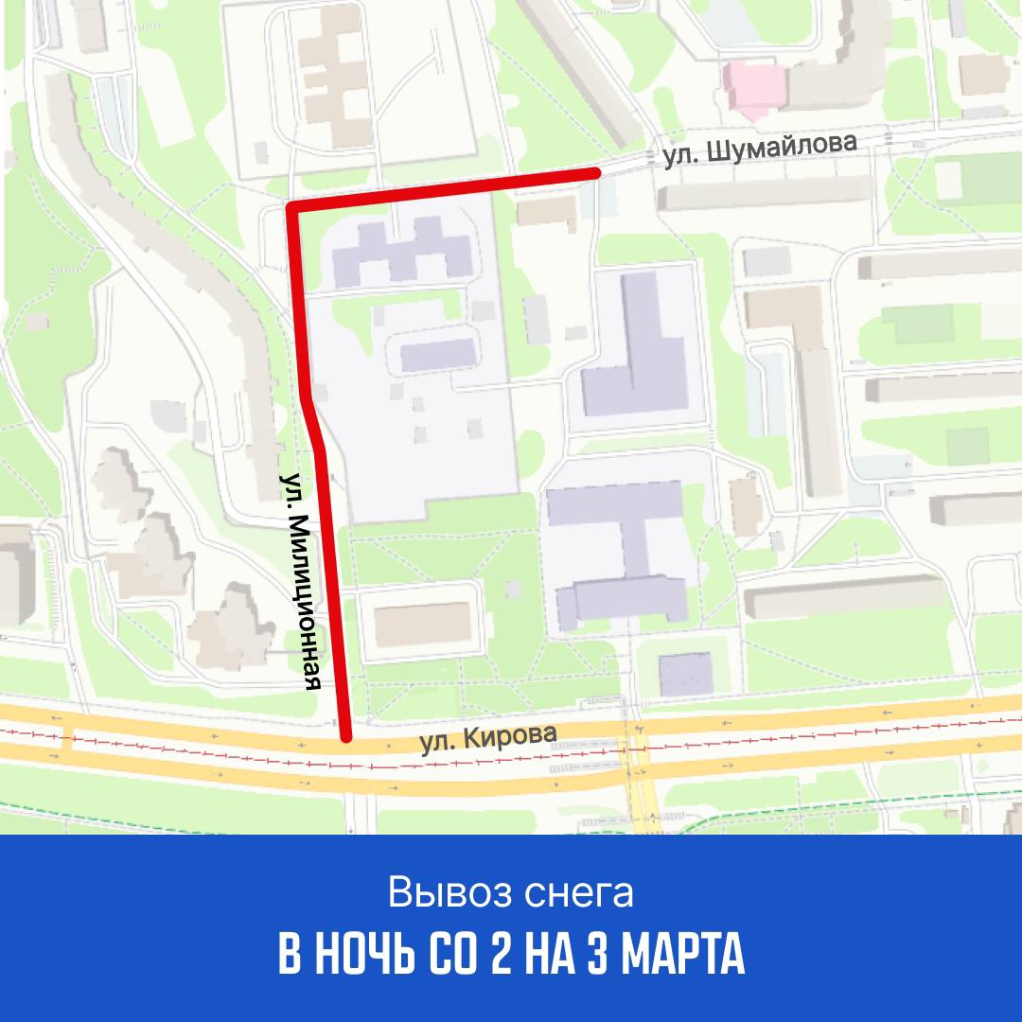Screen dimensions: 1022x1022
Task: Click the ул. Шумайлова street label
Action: [760, 151]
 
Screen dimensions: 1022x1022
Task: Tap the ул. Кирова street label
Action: [484, 738]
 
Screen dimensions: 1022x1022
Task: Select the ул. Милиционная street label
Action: [308, 581]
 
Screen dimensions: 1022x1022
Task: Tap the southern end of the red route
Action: [346, 736]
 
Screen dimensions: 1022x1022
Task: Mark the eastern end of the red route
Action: [595, 172]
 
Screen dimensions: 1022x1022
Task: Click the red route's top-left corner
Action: [292, 206]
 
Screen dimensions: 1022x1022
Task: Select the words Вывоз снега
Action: [510, 892]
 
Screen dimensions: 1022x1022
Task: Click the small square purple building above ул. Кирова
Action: [685, 673]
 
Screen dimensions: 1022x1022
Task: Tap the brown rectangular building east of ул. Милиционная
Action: [423, 625]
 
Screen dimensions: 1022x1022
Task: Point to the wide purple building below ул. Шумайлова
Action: [402, 252]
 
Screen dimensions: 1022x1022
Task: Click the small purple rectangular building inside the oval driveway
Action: [438, 356]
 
